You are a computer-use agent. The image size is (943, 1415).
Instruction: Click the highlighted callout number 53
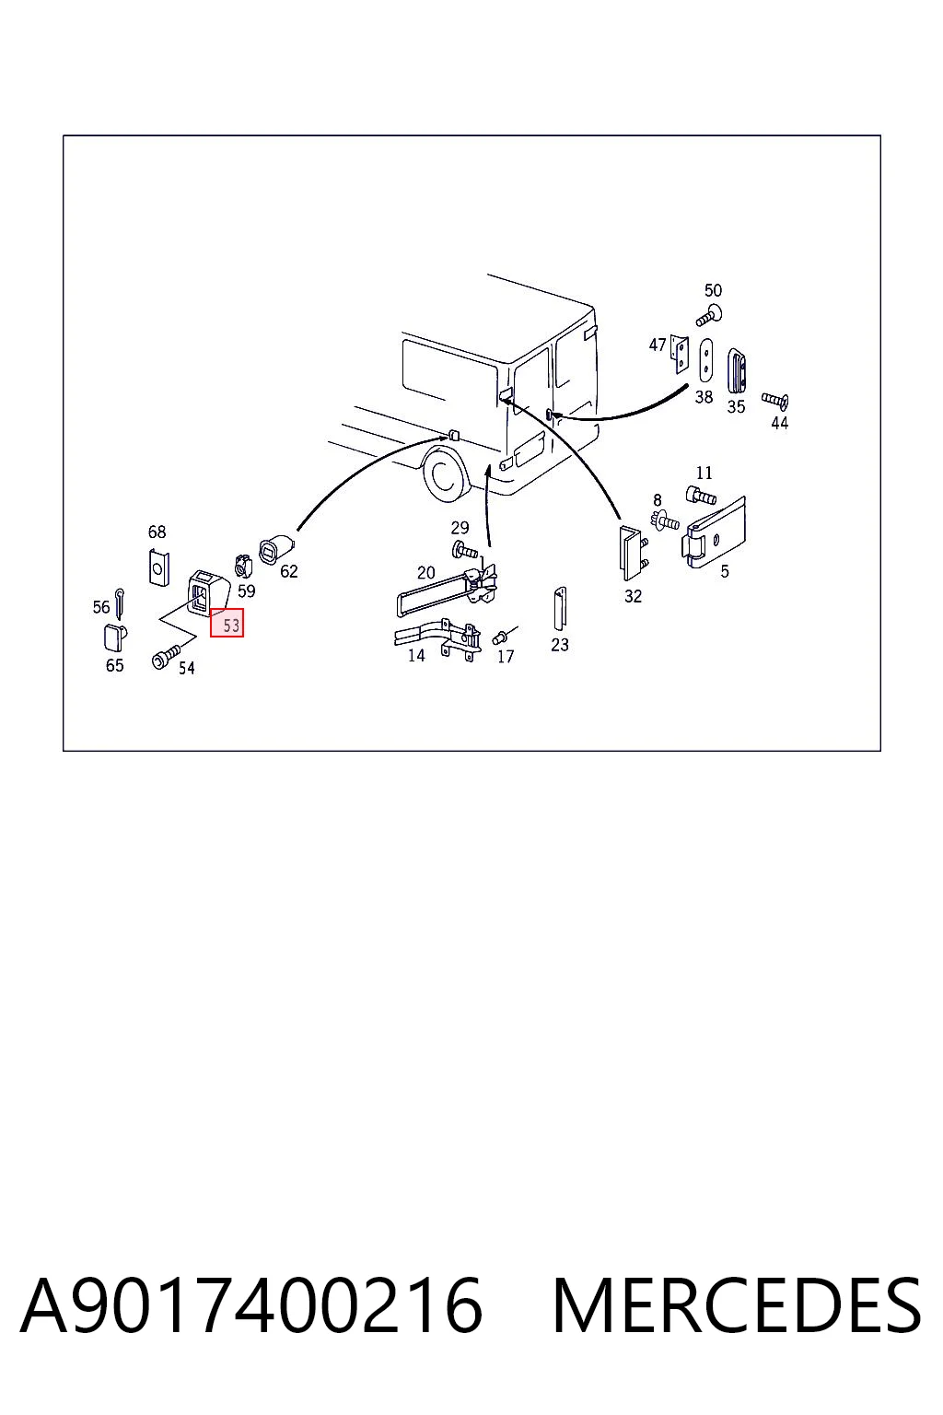pyautogui.click(x=227, y=622)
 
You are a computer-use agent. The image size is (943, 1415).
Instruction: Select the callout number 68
pyautogui.click(x=157, y=532)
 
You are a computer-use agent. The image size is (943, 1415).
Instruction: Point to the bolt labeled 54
pyautogui.click(x=166, y=654)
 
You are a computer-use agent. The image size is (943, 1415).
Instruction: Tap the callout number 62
pyautogui.click(x=288, y=571)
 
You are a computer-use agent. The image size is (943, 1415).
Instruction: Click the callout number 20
pyautogui.click(x=425, y=572)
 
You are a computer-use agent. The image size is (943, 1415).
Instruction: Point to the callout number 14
pyautogui.click(x=415, y=656)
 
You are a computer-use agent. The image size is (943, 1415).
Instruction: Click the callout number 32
pyautogui.click(x=633, y=596)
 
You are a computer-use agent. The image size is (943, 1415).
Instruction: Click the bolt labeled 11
pyautogui.click(x=701, y=495)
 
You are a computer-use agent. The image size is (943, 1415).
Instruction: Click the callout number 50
pyautogui.click(x=713, y=290)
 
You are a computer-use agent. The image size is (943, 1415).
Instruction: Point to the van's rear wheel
pyautogui.click(x=445, y=474)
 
